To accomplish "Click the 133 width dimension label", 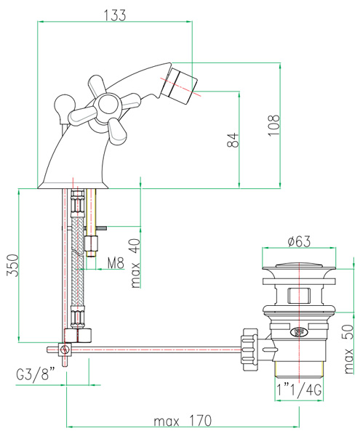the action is click(x=115, y=15).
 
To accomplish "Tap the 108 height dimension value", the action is click(x=273, y=125).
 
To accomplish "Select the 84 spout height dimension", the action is click(x=233, y=140).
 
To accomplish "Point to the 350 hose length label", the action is click(x=13, y=265).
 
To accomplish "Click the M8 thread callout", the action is click(x=116, y=263).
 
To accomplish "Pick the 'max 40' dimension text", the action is click(x=135, y=263).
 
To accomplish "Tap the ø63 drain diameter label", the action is click(x=299, y=241).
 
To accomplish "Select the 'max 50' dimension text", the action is click(x=348, y=349).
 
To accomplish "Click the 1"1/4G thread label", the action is click(x=299, y=389).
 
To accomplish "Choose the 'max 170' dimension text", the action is click(x=183, y=421).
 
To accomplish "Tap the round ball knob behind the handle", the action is click(x=65, y=105).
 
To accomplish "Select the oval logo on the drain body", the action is click(x=298, y=331).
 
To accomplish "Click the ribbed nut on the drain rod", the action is click(x=250, y=350).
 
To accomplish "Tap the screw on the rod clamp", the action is click(x=65, y=350).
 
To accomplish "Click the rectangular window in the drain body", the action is click(x=299, y=296).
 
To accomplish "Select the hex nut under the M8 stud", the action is click(x=91, y=243).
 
